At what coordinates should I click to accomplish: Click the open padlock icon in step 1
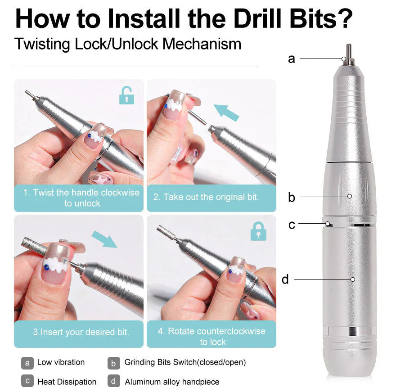[x=126, y=95]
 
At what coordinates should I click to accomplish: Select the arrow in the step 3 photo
[x=104, y=239]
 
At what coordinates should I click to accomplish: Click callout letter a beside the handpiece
[x=292, y=59]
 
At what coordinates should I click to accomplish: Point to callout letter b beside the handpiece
[x=292, y=197]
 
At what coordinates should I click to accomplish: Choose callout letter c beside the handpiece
[x=292, y=224]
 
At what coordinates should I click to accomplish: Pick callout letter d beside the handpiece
[x=285, y=279]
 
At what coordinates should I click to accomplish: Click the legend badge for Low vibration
[x=27, y=362]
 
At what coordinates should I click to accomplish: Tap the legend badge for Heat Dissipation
[x=27, y=381]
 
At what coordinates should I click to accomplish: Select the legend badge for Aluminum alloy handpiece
[x=114, y=381]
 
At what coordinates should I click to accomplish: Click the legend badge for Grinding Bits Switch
[x=114, y=362]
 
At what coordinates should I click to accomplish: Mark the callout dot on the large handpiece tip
[x=344, y=59]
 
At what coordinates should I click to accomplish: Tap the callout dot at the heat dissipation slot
[x=329, y=223]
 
